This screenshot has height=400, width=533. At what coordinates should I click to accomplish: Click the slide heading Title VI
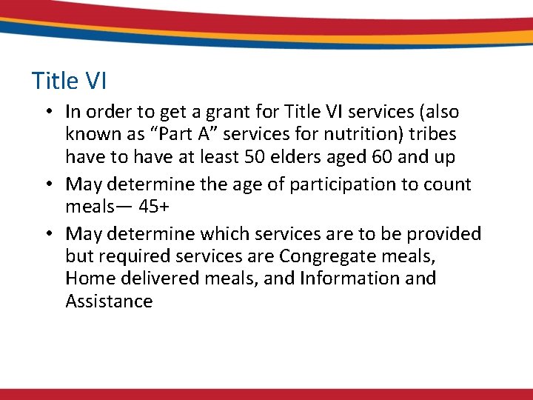click(x=70, y=80)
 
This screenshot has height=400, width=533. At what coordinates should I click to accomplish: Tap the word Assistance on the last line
click(x=109, y=301)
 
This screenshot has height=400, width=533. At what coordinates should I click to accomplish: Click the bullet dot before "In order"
click(x=47, y=113)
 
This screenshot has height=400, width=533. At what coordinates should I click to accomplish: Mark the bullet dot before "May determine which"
click(x=47, y=235)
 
